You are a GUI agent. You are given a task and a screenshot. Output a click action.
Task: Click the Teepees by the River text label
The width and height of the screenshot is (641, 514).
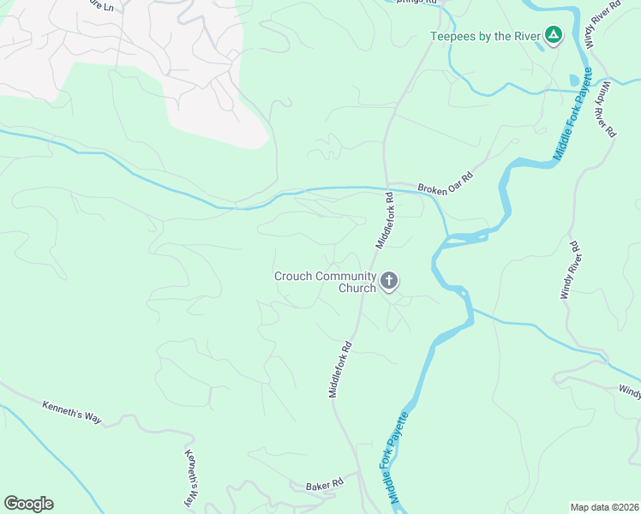coord(486,35)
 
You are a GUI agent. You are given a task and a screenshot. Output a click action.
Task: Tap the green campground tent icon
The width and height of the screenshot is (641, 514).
coord(554,35)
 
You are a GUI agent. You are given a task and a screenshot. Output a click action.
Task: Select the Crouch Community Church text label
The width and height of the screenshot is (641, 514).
coord(325,282)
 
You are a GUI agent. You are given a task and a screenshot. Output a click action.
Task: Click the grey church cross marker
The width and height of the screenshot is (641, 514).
coord(389,281)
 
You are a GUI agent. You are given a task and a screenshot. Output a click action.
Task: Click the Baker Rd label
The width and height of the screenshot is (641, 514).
coord(324,486)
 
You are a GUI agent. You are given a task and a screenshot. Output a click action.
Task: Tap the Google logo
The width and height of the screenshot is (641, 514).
coord(28,504)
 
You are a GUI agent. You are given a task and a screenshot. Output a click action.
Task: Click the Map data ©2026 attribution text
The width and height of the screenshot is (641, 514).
coord(604,507)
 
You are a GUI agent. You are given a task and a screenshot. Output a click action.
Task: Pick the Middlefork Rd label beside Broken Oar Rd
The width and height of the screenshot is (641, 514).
coord(383,220)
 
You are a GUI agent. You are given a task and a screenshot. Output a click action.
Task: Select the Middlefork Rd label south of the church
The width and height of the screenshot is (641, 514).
coord(340,370)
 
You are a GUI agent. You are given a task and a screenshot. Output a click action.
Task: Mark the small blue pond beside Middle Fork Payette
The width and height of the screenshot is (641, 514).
coord(573,81)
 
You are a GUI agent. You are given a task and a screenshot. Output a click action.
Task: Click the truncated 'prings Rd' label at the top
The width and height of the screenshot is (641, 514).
coord(421,3)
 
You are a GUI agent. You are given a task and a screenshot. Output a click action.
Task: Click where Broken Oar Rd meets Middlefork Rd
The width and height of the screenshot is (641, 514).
coord(387,184)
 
